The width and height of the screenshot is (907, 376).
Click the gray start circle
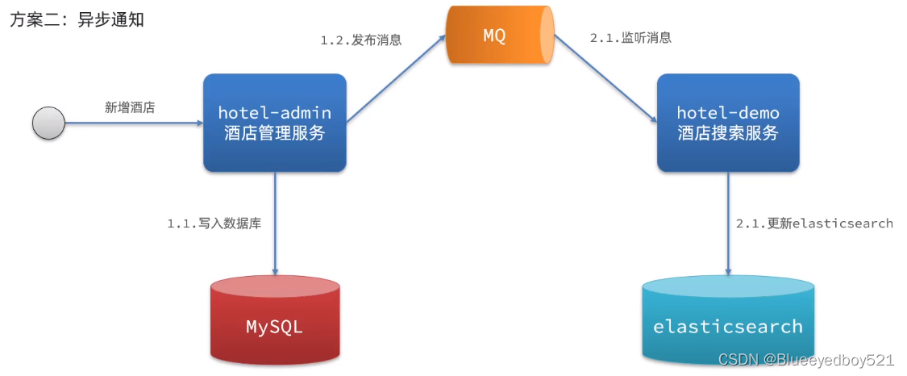point(48,123)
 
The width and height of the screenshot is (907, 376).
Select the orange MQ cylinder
point(499,36)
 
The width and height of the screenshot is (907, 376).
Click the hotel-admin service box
point(274,123)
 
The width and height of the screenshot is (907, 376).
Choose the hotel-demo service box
point(728,123)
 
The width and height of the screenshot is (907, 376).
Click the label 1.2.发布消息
point(361,39)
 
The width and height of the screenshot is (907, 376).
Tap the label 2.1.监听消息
point(630,38)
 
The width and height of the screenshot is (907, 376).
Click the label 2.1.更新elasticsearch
point(814,224)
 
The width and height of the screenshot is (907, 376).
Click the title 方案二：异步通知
point(77,20)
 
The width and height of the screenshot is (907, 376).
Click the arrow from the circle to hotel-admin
point(133,123)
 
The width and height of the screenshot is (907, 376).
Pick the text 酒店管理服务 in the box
point(274,134)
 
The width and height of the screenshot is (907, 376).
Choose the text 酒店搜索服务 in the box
point(728,134)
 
